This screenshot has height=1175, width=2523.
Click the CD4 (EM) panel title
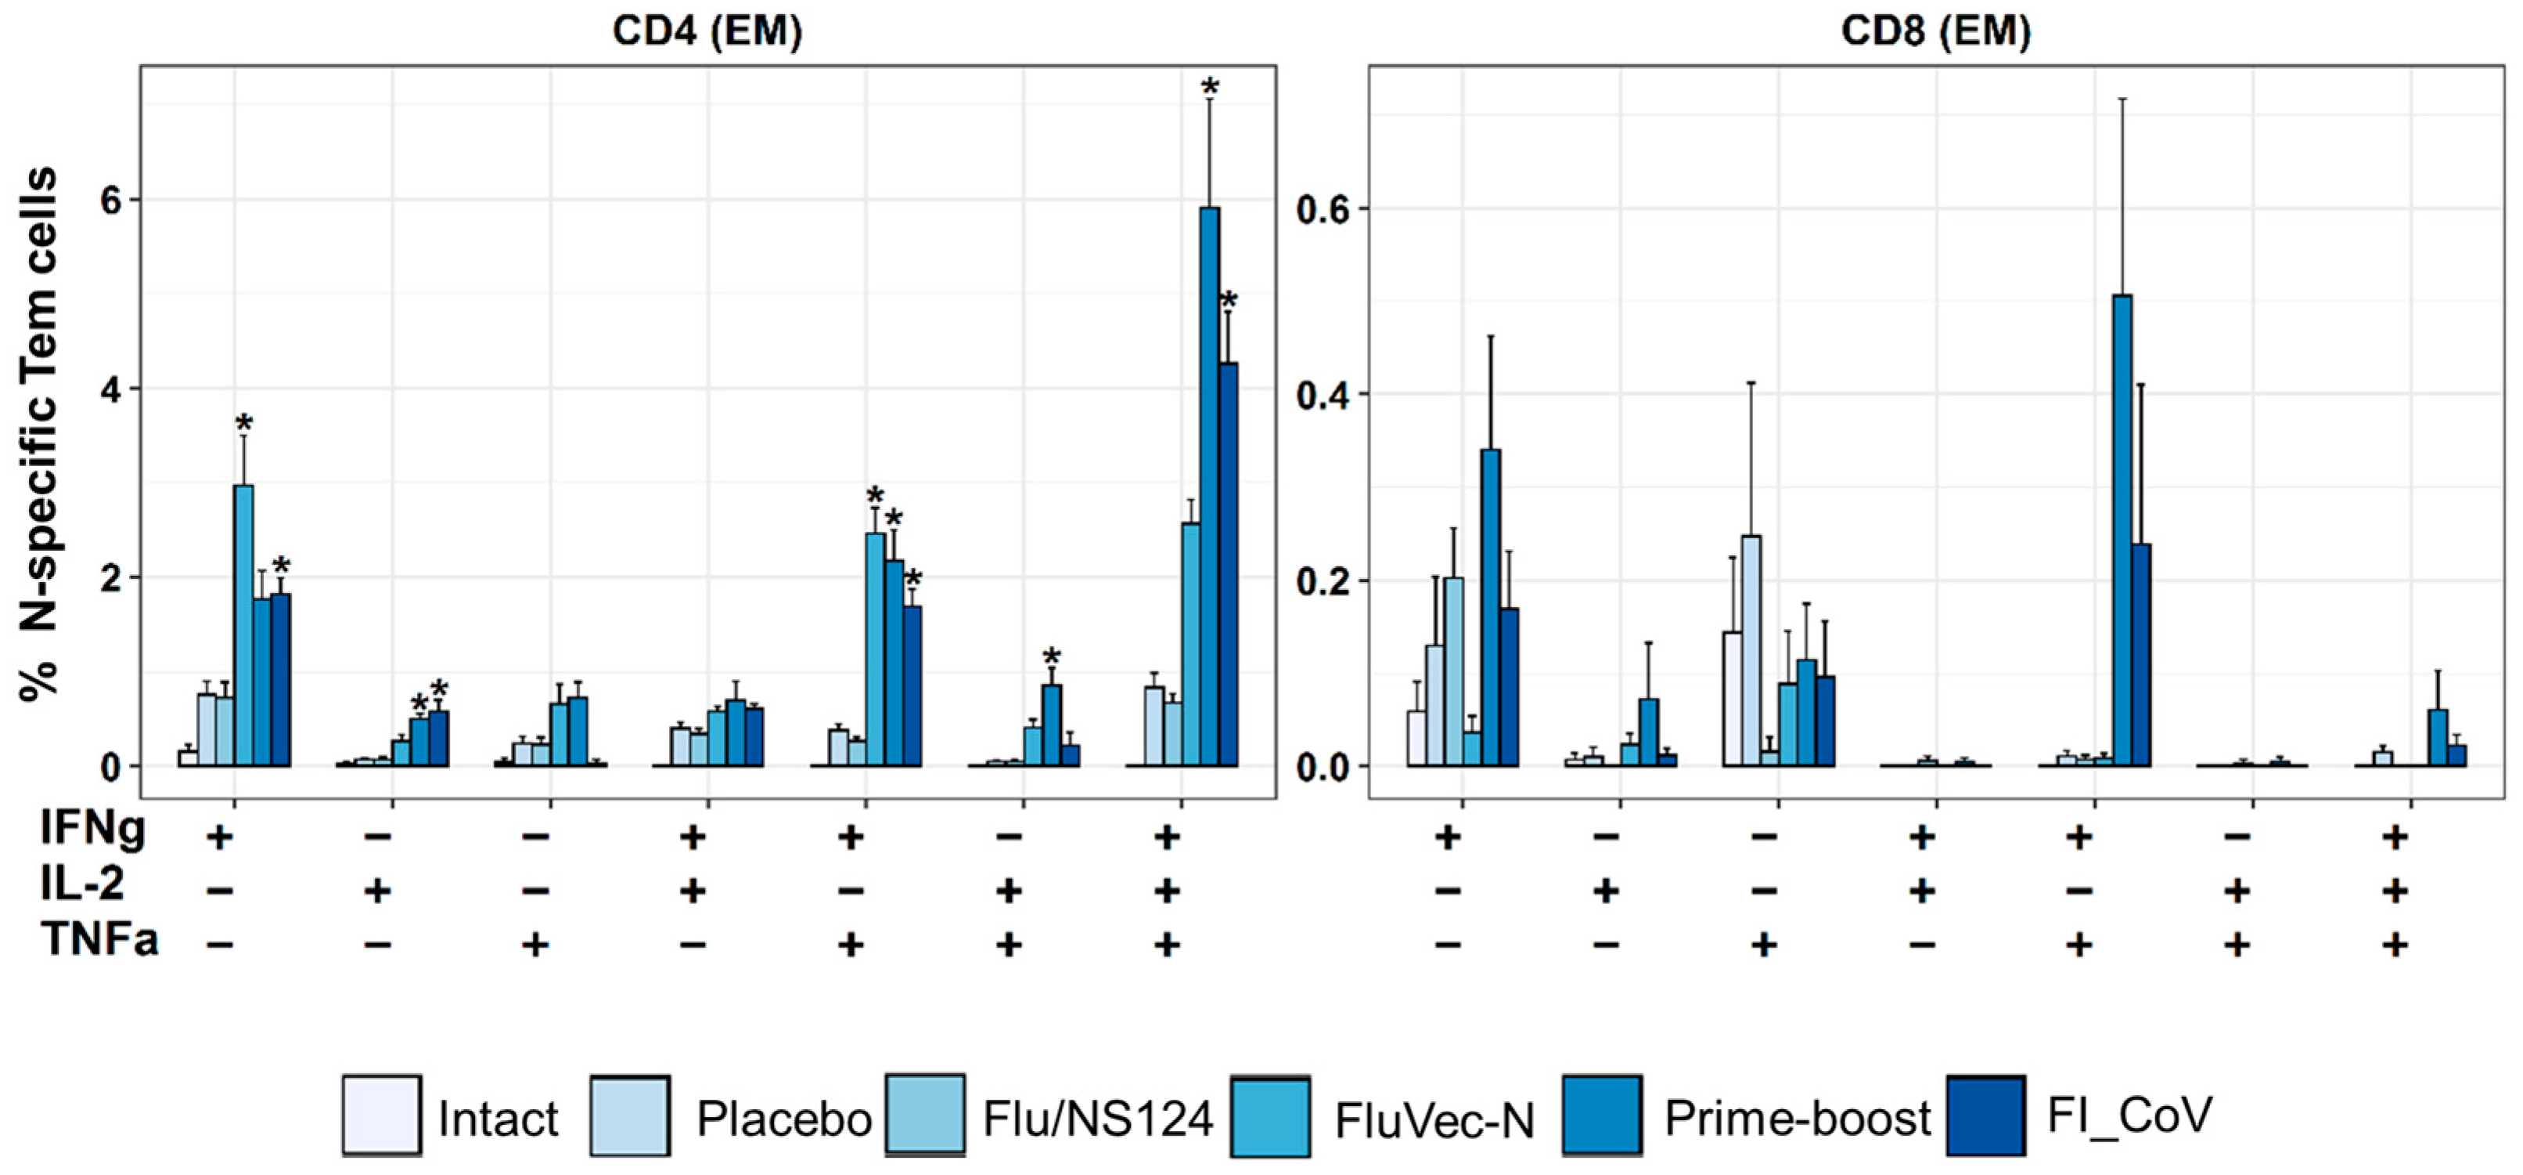coord(707,31)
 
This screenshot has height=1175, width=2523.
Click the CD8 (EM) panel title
coord(1935,31)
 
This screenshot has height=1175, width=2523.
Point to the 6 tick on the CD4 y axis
coord(112,200)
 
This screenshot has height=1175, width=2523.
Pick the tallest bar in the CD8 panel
coord(2122,530)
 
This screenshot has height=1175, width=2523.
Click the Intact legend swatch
coord(382,1115)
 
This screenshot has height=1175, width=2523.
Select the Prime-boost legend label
coord(1798,1118)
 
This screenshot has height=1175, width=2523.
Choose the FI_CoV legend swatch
coord(1986,1115)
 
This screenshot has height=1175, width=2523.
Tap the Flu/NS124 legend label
coord(1098,1118)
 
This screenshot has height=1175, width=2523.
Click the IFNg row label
coord(93,829)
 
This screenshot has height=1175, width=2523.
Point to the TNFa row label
coord(99,941)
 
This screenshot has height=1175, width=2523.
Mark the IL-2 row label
coord(82,885)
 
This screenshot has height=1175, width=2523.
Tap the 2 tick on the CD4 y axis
coord(112,577)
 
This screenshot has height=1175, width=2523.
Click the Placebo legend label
coord(783,1118)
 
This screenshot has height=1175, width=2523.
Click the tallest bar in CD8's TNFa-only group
coord(1751,651)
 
